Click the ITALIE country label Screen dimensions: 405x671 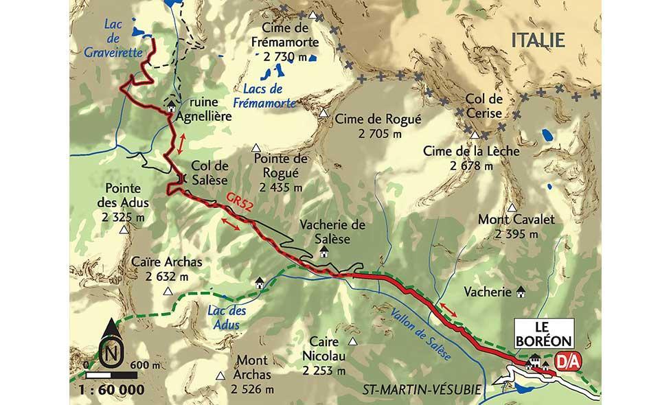tap(538, 40)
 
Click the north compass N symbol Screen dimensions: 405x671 tap(109, 354)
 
